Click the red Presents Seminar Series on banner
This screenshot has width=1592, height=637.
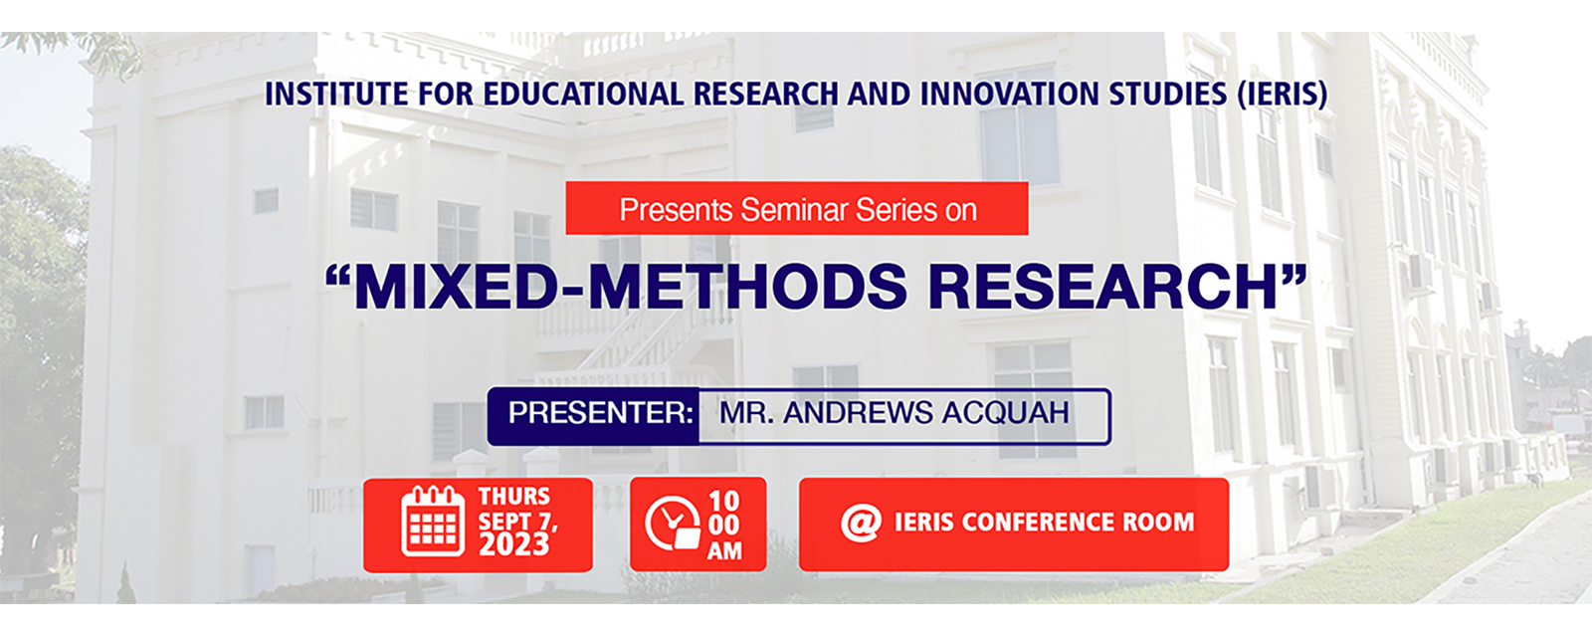797,209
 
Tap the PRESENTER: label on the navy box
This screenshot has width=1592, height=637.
600,413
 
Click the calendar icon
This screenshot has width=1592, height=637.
433,522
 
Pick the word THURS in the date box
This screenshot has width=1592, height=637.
513,496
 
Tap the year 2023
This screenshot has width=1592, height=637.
513,545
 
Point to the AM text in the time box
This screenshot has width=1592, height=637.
724,550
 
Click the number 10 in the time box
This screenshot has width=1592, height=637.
724,500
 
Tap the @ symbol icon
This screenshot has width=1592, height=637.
861,523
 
